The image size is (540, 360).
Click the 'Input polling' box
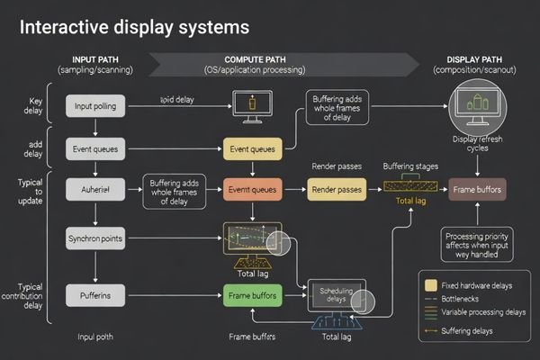tap(94, 106)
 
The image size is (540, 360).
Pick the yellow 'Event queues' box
tap(252, 148)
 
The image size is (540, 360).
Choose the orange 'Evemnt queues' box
tap(252, 189)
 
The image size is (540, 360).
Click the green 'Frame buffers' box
tap(252, 294)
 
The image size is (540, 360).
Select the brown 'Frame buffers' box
tap(477, 189)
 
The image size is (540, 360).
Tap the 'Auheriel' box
tap(94, 189)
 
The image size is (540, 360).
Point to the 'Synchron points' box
tap(94, 238)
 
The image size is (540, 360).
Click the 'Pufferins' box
tap(94, 294)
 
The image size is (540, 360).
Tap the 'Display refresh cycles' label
tap(477, 145)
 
